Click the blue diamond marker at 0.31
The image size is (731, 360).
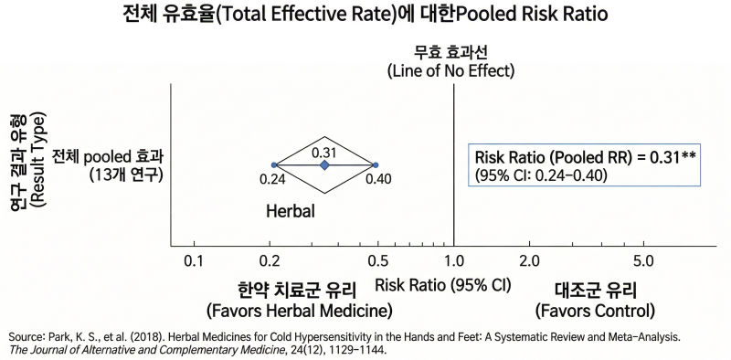click(x=324, y=164)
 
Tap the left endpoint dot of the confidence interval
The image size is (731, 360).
click(x=274, y=164)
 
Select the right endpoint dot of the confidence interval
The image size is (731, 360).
click(x=376, y=164)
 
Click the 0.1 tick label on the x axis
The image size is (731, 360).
click(x=194, y=260)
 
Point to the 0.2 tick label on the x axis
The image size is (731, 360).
click(x=270, y=260)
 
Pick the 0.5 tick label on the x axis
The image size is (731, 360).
click(x=378, y=260)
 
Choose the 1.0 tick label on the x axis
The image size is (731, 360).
click(x=453, y=260)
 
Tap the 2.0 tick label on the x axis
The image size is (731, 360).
click(x=530, y=260)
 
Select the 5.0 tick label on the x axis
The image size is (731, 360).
click(x=644, y=260)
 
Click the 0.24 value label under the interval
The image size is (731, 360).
click(x=271, y=178)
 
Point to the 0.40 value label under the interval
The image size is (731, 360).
click(x=378, y=178)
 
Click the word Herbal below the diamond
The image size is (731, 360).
click(x=291, y=212)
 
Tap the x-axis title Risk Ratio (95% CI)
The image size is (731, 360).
click(x=443, y=285)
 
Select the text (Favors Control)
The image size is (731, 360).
click(x=595, y=310)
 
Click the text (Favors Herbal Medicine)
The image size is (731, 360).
click(x=300, y=310)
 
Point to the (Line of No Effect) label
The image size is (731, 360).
click(x=450, y=72)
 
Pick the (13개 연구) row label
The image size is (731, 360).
click(x=125, y=175)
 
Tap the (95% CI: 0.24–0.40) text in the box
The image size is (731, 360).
click(x=540, y=175)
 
